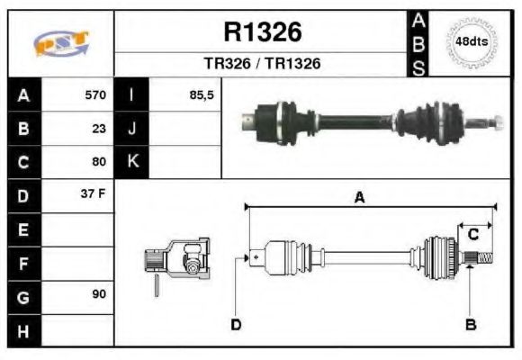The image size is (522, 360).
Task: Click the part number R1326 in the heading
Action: point(262,32)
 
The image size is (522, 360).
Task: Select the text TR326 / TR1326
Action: point(262,64)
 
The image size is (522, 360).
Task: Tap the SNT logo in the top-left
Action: point(60,43)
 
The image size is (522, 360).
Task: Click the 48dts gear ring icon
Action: point(472,42)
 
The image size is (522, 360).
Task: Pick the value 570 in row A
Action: point(94,94)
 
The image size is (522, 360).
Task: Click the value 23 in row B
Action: point(99,128)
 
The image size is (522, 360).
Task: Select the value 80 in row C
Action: point(99,162)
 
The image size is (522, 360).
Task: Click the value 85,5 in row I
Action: point(202,94)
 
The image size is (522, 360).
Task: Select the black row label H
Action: point(22,330)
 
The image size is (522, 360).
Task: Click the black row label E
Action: point(22,229)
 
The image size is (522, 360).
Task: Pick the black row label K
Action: point(132,162)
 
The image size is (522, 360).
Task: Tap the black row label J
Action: point(132,128)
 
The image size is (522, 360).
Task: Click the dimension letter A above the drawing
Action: point(359,198)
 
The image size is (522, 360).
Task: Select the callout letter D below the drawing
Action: point(236,324)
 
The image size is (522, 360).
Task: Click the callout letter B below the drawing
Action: point(470,324)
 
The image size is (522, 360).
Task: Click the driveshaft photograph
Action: point(372,121)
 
